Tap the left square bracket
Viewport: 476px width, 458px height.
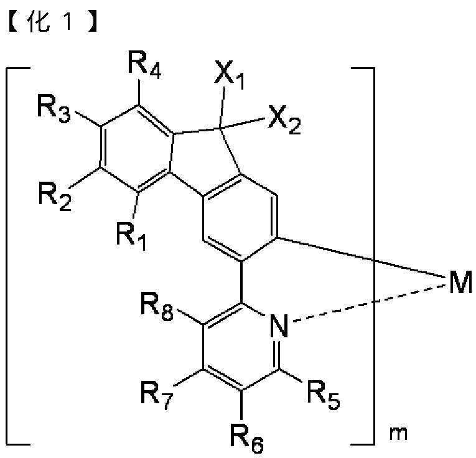coord(16,249)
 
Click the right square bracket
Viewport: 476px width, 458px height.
coord(370,249)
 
